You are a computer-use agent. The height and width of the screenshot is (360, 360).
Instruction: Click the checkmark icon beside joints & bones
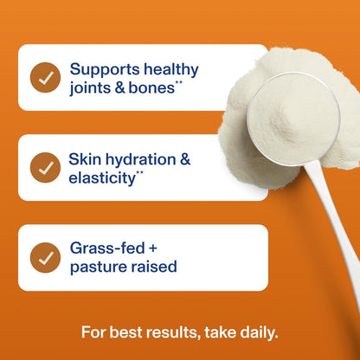point(45,78)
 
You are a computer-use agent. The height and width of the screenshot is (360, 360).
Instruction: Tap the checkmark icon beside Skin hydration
point(45,168)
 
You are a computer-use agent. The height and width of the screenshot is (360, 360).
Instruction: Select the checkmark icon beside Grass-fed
point(45,257)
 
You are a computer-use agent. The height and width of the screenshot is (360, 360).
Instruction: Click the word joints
point(90,87)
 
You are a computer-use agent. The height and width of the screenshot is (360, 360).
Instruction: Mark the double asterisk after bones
point(179,83)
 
